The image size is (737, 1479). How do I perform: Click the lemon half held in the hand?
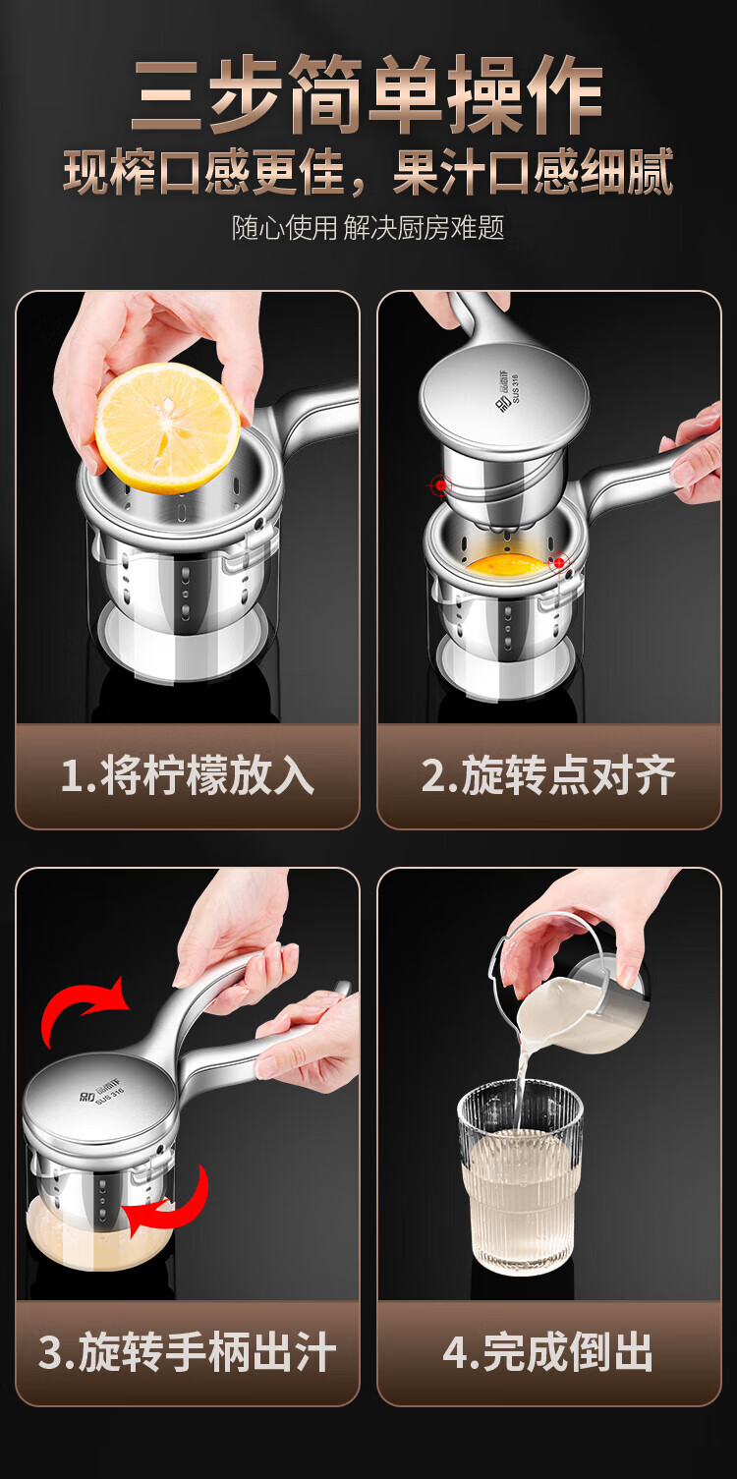point(167,428)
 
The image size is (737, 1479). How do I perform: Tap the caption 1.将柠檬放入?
point(188,775)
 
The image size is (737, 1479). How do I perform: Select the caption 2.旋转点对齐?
point(548,775)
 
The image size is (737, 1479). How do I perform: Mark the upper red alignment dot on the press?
point(441,485)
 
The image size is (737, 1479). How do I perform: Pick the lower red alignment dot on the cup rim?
point(559,563)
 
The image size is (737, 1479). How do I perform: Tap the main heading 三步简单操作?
point(368,93)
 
